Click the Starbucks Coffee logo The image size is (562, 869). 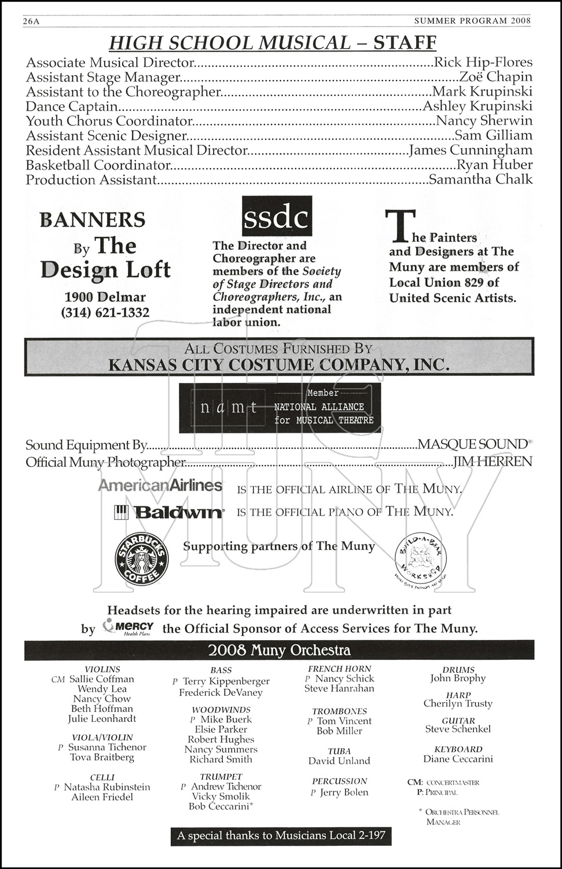tap(142, 558)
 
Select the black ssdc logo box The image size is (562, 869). tap(277, 217)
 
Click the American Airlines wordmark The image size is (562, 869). tap(160, 485)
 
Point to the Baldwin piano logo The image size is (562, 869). tap(169, 512)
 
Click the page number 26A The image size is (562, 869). tap(34, 21)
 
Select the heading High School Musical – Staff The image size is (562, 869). tap(273, 42)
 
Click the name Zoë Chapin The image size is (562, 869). tap(495, 77)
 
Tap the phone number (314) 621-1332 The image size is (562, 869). tap(105, 313)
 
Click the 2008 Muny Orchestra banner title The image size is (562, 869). tap(279, 650)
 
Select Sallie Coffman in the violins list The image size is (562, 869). tap(101, 679)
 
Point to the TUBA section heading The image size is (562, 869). tap(339, 751)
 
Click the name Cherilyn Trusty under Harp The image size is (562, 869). tap(458, 704)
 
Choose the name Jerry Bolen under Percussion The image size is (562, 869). tap(344, 793)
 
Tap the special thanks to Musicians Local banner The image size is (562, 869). tap(281, 836)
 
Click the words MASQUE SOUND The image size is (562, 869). tap(472, 444)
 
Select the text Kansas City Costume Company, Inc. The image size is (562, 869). tap(278, 365)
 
